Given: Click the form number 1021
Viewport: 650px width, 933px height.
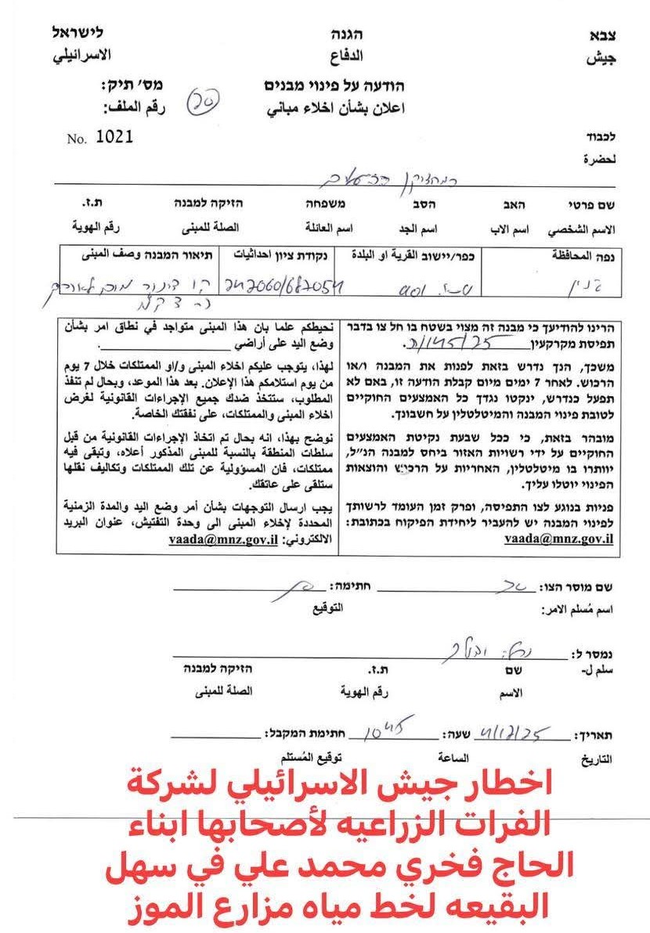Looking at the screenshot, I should pos(114,136).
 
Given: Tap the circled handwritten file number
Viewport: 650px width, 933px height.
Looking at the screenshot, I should pos(203,99).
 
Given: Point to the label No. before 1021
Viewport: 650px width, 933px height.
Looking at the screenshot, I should pos(76,139).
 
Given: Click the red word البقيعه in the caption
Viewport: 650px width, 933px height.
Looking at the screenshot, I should pos(514,906).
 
